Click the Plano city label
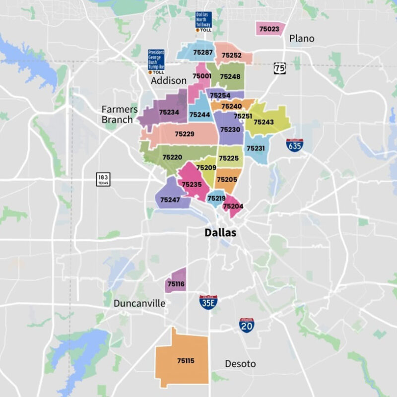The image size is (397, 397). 302,39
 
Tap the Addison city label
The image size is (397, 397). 169,80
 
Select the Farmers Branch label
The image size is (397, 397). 117,114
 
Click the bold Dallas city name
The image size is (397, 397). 220,233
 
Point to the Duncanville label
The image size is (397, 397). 139,303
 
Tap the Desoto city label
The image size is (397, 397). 240,364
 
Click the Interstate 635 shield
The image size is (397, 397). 294,144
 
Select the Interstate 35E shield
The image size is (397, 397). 208,302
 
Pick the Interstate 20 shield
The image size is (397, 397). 247,325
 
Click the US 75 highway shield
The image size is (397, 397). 280,68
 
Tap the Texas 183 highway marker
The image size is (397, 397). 104,179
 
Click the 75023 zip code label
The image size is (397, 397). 271,29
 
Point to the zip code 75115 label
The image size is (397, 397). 186,361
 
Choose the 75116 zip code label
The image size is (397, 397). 176,284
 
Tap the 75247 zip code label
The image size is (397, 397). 170,200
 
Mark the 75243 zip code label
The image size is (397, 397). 264,122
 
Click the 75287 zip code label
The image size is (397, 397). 203,52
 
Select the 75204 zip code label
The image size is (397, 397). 232,206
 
